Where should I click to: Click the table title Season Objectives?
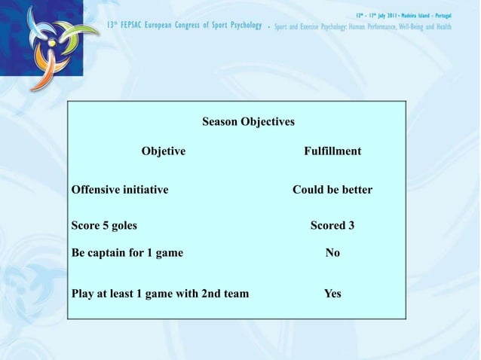(248, 121)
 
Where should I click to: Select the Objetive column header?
(164, 151)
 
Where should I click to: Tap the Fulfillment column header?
(332, 151)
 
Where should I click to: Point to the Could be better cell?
(332, 190)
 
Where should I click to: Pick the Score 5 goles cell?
(104, 224)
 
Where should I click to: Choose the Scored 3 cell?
(332, 224)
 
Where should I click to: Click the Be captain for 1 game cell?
(127, 253)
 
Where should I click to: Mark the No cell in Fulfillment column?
(332, 253)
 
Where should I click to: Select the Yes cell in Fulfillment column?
(332, 293)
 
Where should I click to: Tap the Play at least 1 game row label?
(160, 293)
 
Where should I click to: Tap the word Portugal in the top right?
(455, 16)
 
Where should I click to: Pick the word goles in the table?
(123, 224)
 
